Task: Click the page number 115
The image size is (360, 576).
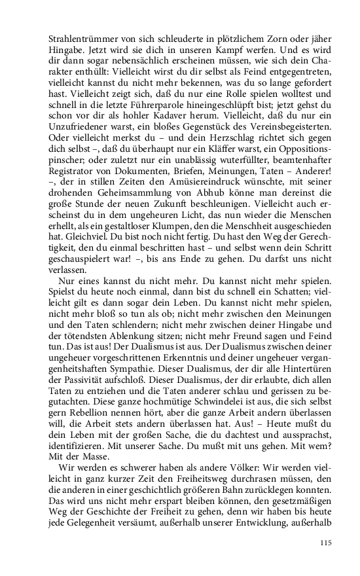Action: (327, 542)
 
